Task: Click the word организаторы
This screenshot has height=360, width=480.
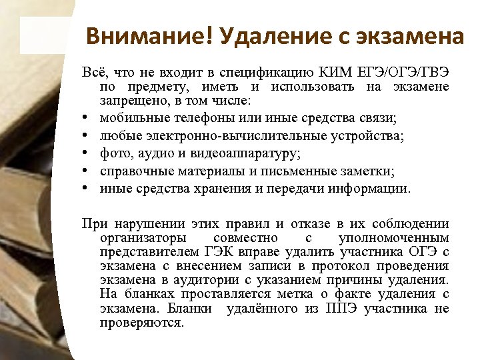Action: (139, 238)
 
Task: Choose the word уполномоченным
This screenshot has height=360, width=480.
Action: (394, 238)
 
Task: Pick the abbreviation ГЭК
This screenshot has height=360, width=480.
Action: (209, 252)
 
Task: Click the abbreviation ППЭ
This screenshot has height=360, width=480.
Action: (342, 309)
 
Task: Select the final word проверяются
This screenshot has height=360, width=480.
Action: (141, 323)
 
